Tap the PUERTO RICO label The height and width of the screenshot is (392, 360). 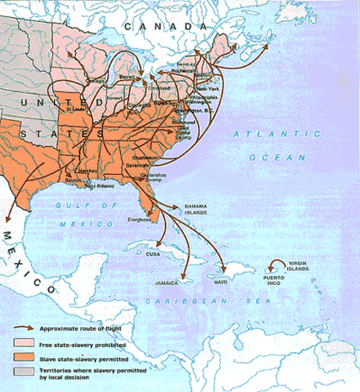pos(276,278)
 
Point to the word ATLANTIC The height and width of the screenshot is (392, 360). pos(258,132)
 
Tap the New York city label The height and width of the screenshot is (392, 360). pos(207,88)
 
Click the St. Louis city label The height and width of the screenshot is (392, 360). pos(78,107)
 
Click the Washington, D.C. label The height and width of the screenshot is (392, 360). pos(193,109)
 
